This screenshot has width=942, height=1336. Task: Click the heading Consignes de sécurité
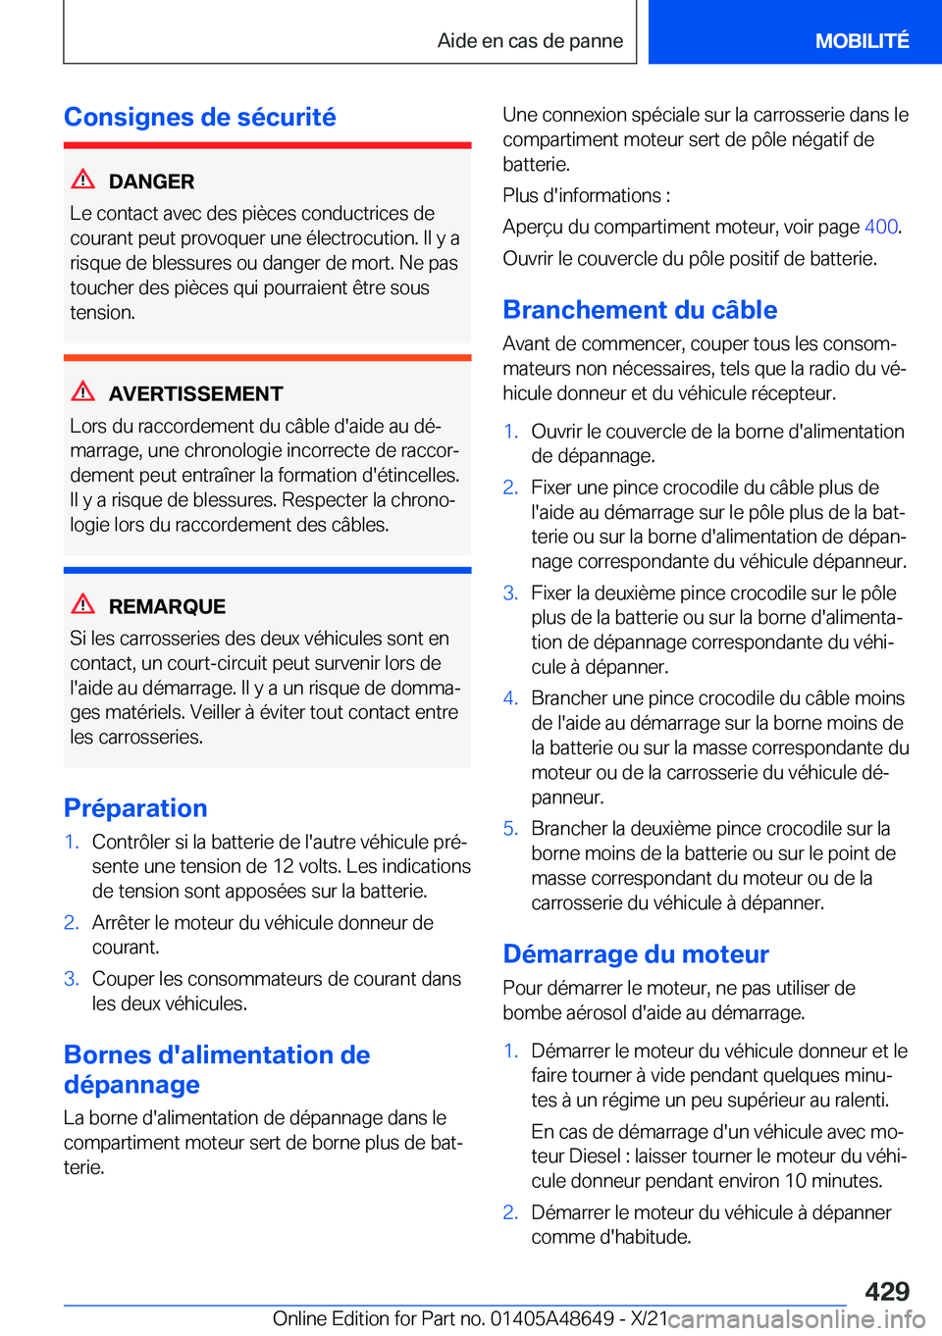(x=199, y=118)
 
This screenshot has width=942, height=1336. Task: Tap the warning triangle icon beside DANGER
(x=83, y=180)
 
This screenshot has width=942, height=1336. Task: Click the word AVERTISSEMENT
(x=195, y=394)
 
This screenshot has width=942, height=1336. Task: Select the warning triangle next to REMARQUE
(x=83, y=604)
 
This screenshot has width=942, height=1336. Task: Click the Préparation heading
(x=135, y=808)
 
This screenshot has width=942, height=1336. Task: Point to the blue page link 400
(x=880, y=227)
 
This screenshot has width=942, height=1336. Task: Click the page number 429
(x=887, y=1291)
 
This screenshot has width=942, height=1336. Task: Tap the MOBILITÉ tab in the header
(x=862, y=41)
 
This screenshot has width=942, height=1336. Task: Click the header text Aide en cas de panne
(x=530, y=41)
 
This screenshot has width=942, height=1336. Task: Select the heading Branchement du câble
(x=640, y=310)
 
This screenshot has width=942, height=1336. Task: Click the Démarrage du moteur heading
(x=636, y=954)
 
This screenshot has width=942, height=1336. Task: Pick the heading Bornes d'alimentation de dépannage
(x=217, y=1069)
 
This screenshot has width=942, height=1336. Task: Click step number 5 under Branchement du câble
(x=510, y=829)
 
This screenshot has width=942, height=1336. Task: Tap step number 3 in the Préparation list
(x=71, y=979)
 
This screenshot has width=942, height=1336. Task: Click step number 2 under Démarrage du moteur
(x=510, y=1212)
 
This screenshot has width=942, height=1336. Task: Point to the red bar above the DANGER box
(x=267, y=145)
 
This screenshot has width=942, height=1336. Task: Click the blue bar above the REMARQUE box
(x=267, y=570)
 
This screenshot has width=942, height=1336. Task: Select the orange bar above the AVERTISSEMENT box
(x=267, y=358)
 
